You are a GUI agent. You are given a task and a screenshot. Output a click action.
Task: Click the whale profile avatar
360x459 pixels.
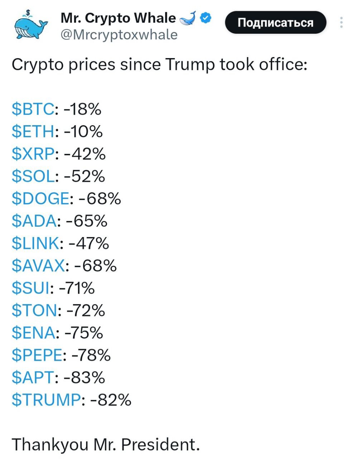(x=31, y=25)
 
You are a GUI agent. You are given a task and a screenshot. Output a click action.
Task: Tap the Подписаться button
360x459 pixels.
(x=275, y=23)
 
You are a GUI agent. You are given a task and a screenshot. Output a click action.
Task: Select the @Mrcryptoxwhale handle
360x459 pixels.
(x=119, y=35)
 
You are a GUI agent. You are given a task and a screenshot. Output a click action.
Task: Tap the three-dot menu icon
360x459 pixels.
(x=341, y=23)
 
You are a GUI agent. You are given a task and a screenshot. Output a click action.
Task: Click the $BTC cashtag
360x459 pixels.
(x=33, y=109)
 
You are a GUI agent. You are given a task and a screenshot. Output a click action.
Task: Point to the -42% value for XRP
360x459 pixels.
(x=85, y=154)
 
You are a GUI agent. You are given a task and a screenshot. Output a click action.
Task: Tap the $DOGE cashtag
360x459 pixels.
(x=40, y=199)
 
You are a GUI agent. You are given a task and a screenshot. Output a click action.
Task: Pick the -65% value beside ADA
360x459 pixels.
(x=87, y=221)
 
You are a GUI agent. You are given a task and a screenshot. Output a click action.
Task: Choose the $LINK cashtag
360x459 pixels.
(x=36, y=243)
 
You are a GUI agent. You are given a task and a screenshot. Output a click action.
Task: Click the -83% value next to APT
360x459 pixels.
(x=85, y=378)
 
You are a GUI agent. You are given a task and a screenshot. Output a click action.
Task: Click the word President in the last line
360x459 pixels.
(x=160, y=445)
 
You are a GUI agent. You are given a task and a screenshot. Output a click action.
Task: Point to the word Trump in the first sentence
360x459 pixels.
(x=190, y=65)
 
